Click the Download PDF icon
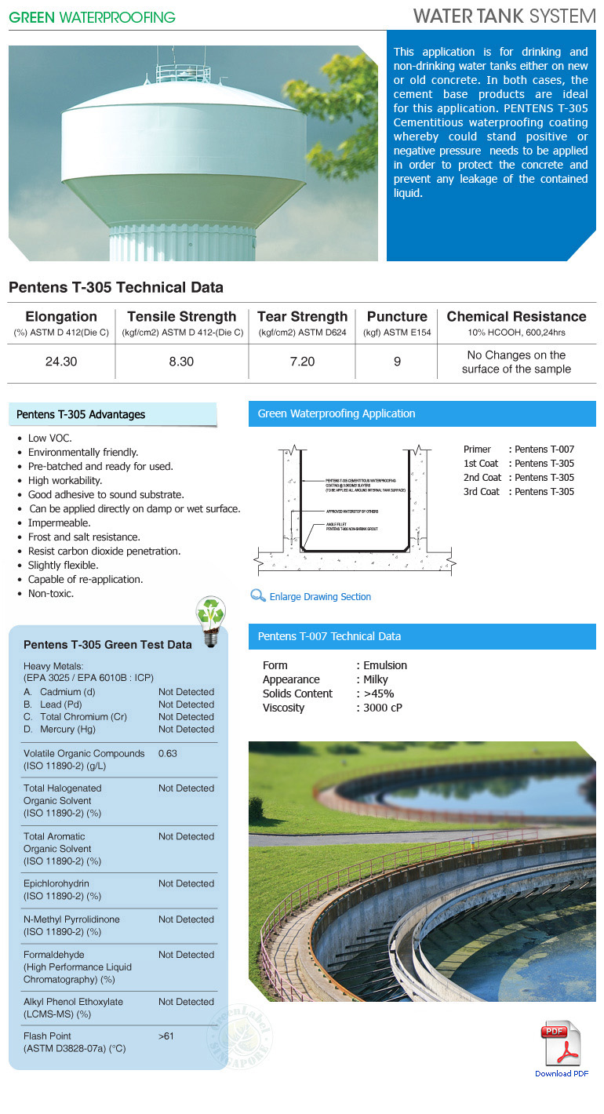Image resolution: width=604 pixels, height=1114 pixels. tap(561, 1043)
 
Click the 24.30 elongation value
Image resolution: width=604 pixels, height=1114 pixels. tap(61, 362)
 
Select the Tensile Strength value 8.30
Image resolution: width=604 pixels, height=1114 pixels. tap(181, 362)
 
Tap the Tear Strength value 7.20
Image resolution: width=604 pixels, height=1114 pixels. tap(302, 362)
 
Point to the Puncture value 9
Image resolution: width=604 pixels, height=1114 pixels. tap(397, 362)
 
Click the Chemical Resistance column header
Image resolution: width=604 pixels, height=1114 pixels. tap(516, 317)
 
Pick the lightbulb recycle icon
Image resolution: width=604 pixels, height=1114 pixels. tap(210, 622)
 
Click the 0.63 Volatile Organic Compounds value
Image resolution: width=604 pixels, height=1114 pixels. tap(168, 754)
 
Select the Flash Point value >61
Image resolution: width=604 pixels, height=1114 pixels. tap(166, 1036)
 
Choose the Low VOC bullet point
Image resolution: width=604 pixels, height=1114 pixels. tap(49, 439)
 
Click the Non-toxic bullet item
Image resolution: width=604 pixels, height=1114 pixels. tap(51, 594)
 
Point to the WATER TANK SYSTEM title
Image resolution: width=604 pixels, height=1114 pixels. tap(504, 16)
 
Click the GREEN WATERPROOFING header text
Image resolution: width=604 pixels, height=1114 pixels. tap(93, 17)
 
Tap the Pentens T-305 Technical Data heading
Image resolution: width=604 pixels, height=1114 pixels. tap(116, 287)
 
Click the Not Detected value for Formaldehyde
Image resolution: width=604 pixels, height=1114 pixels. tap(186, 955)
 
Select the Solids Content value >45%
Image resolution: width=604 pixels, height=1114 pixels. tap(377, 694)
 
